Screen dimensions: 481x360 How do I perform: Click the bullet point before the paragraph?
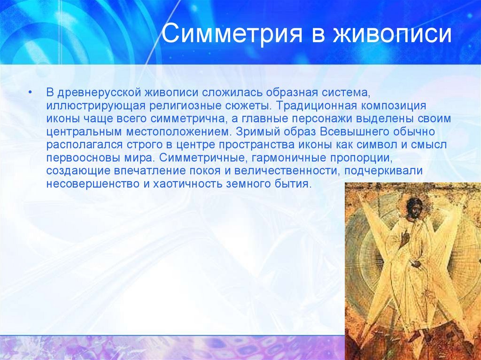(30, 92)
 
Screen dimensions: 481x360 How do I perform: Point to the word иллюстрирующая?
(95, 106)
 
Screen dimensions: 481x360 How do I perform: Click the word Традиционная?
(316, 106)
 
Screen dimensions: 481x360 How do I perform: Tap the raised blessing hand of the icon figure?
(404, 237)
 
